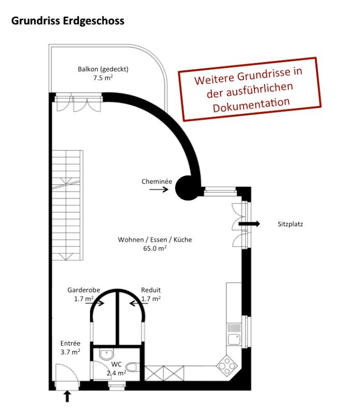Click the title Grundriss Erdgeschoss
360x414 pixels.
click(68, 21)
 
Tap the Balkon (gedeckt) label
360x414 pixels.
click(103, 69)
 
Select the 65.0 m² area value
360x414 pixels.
click(155, 248)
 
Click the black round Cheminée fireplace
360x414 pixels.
click(188, 188)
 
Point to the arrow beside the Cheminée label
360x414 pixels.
click(159, 189)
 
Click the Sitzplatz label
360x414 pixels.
click(290, 224)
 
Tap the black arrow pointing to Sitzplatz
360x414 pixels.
click(249, 224)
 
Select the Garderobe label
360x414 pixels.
click(84, 290)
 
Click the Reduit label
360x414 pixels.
click(151, 290)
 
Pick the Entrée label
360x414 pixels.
click(70, 343)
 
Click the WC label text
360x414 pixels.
click(117, 364)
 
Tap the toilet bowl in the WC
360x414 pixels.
click(132, 367)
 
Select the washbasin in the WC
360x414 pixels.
click(107, 354)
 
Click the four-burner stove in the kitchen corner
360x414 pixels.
click(227, 366)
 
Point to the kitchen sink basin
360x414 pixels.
click(234, 339)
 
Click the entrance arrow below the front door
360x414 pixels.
click(67, 396)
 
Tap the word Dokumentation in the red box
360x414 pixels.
click(251, 105)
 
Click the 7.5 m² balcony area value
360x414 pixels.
click(103, 78)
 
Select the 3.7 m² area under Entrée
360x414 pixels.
click(70, 352)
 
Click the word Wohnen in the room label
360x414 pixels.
click(131, 240)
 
